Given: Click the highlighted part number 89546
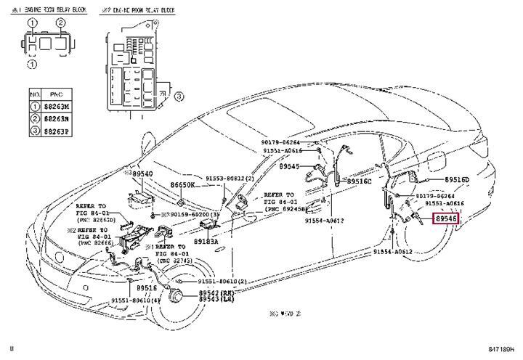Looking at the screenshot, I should point(446,217).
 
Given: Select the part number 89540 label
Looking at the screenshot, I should point(142,174).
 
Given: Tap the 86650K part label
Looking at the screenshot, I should point(182,185).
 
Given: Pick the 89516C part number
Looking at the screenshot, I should point(359,181).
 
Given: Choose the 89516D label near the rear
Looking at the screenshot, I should point(456,179).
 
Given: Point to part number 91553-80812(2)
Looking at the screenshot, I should point(229,178).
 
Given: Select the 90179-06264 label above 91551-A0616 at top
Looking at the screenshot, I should point(282,142).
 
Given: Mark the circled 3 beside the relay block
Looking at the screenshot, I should point(178,96).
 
